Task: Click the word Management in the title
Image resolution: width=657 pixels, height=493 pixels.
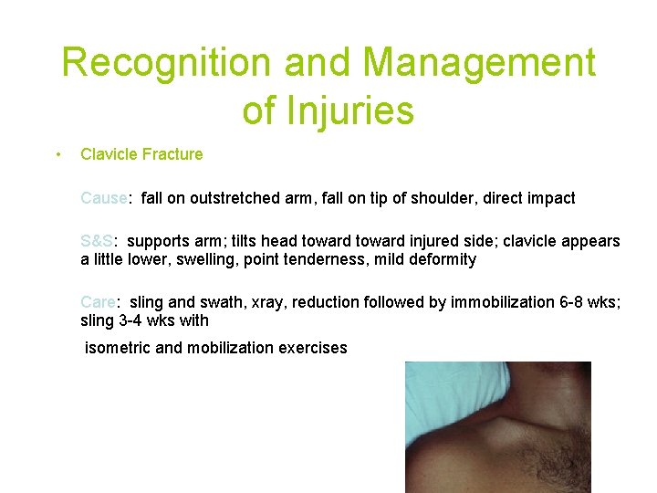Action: click(479, 63)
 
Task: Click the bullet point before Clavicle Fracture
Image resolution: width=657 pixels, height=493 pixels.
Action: click(57, 154)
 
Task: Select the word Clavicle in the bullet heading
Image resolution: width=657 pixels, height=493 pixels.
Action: click(109, 154)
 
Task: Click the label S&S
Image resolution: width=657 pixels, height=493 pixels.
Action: click(96, 242)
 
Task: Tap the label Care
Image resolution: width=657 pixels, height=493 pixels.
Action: click(97, 302)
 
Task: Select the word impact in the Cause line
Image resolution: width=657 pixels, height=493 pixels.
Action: click(551, 198)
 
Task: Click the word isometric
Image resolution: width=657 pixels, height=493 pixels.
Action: click(118, 348)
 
